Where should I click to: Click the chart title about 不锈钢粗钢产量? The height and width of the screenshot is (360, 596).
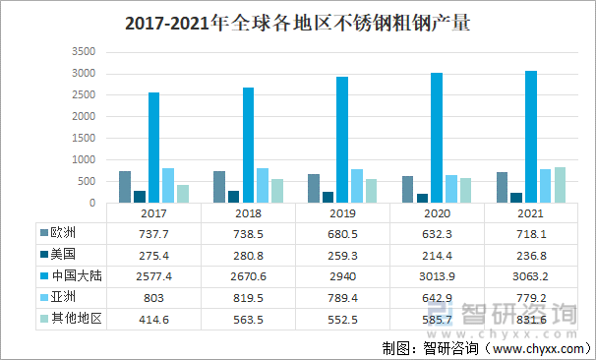297,23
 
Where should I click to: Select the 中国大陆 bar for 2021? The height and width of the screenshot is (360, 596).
531,138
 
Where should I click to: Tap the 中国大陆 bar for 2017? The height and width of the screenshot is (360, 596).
153,149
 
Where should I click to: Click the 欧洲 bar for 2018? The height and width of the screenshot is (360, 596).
219,188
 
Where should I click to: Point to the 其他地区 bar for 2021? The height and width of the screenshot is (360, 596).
560,186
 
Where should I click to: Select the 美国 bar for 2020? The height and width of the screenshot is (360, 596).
422,199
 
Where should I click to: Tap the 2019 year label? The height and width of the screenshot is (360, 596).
343,212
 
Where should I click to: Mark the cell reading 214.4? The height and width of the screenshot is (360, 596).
437,255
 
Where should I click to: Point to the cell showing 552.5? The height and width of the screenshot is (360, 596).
342,320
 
